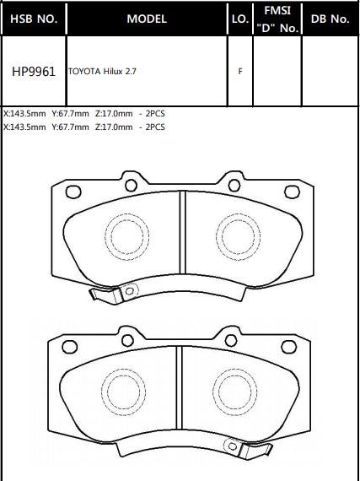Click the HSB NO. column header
coord(34,19)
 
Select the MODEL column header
coord(147,19)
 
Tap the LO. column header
coord(240,19)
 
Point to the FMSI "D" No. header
coord(277,19)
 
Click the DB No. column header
coord(330,19)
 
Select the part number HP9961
coord(34,72)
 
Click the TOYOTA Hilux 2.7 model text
coord(102,72)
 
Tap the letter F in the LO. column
coord(240,72)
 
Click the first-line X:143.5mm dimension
coord(24,114)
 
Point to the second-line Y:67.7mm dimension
coord(70,127)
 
